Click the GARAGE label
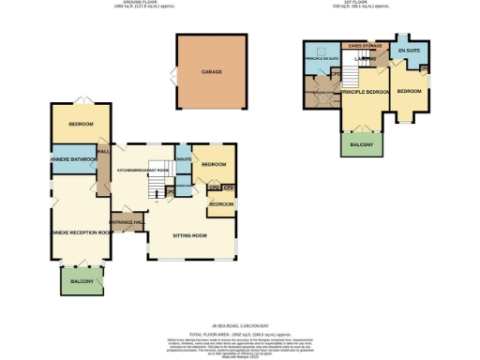click(211, 70)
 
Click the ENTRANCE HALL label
click(126, 221)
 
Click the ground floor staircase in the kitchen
click(155, 190)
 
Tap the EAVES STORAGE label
click(364, 44)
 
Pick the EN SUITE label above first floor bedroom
click(409, 48)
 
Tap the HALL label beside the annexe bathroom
click(104, 150)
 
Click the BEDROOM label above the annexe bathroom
click(81, 123)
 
